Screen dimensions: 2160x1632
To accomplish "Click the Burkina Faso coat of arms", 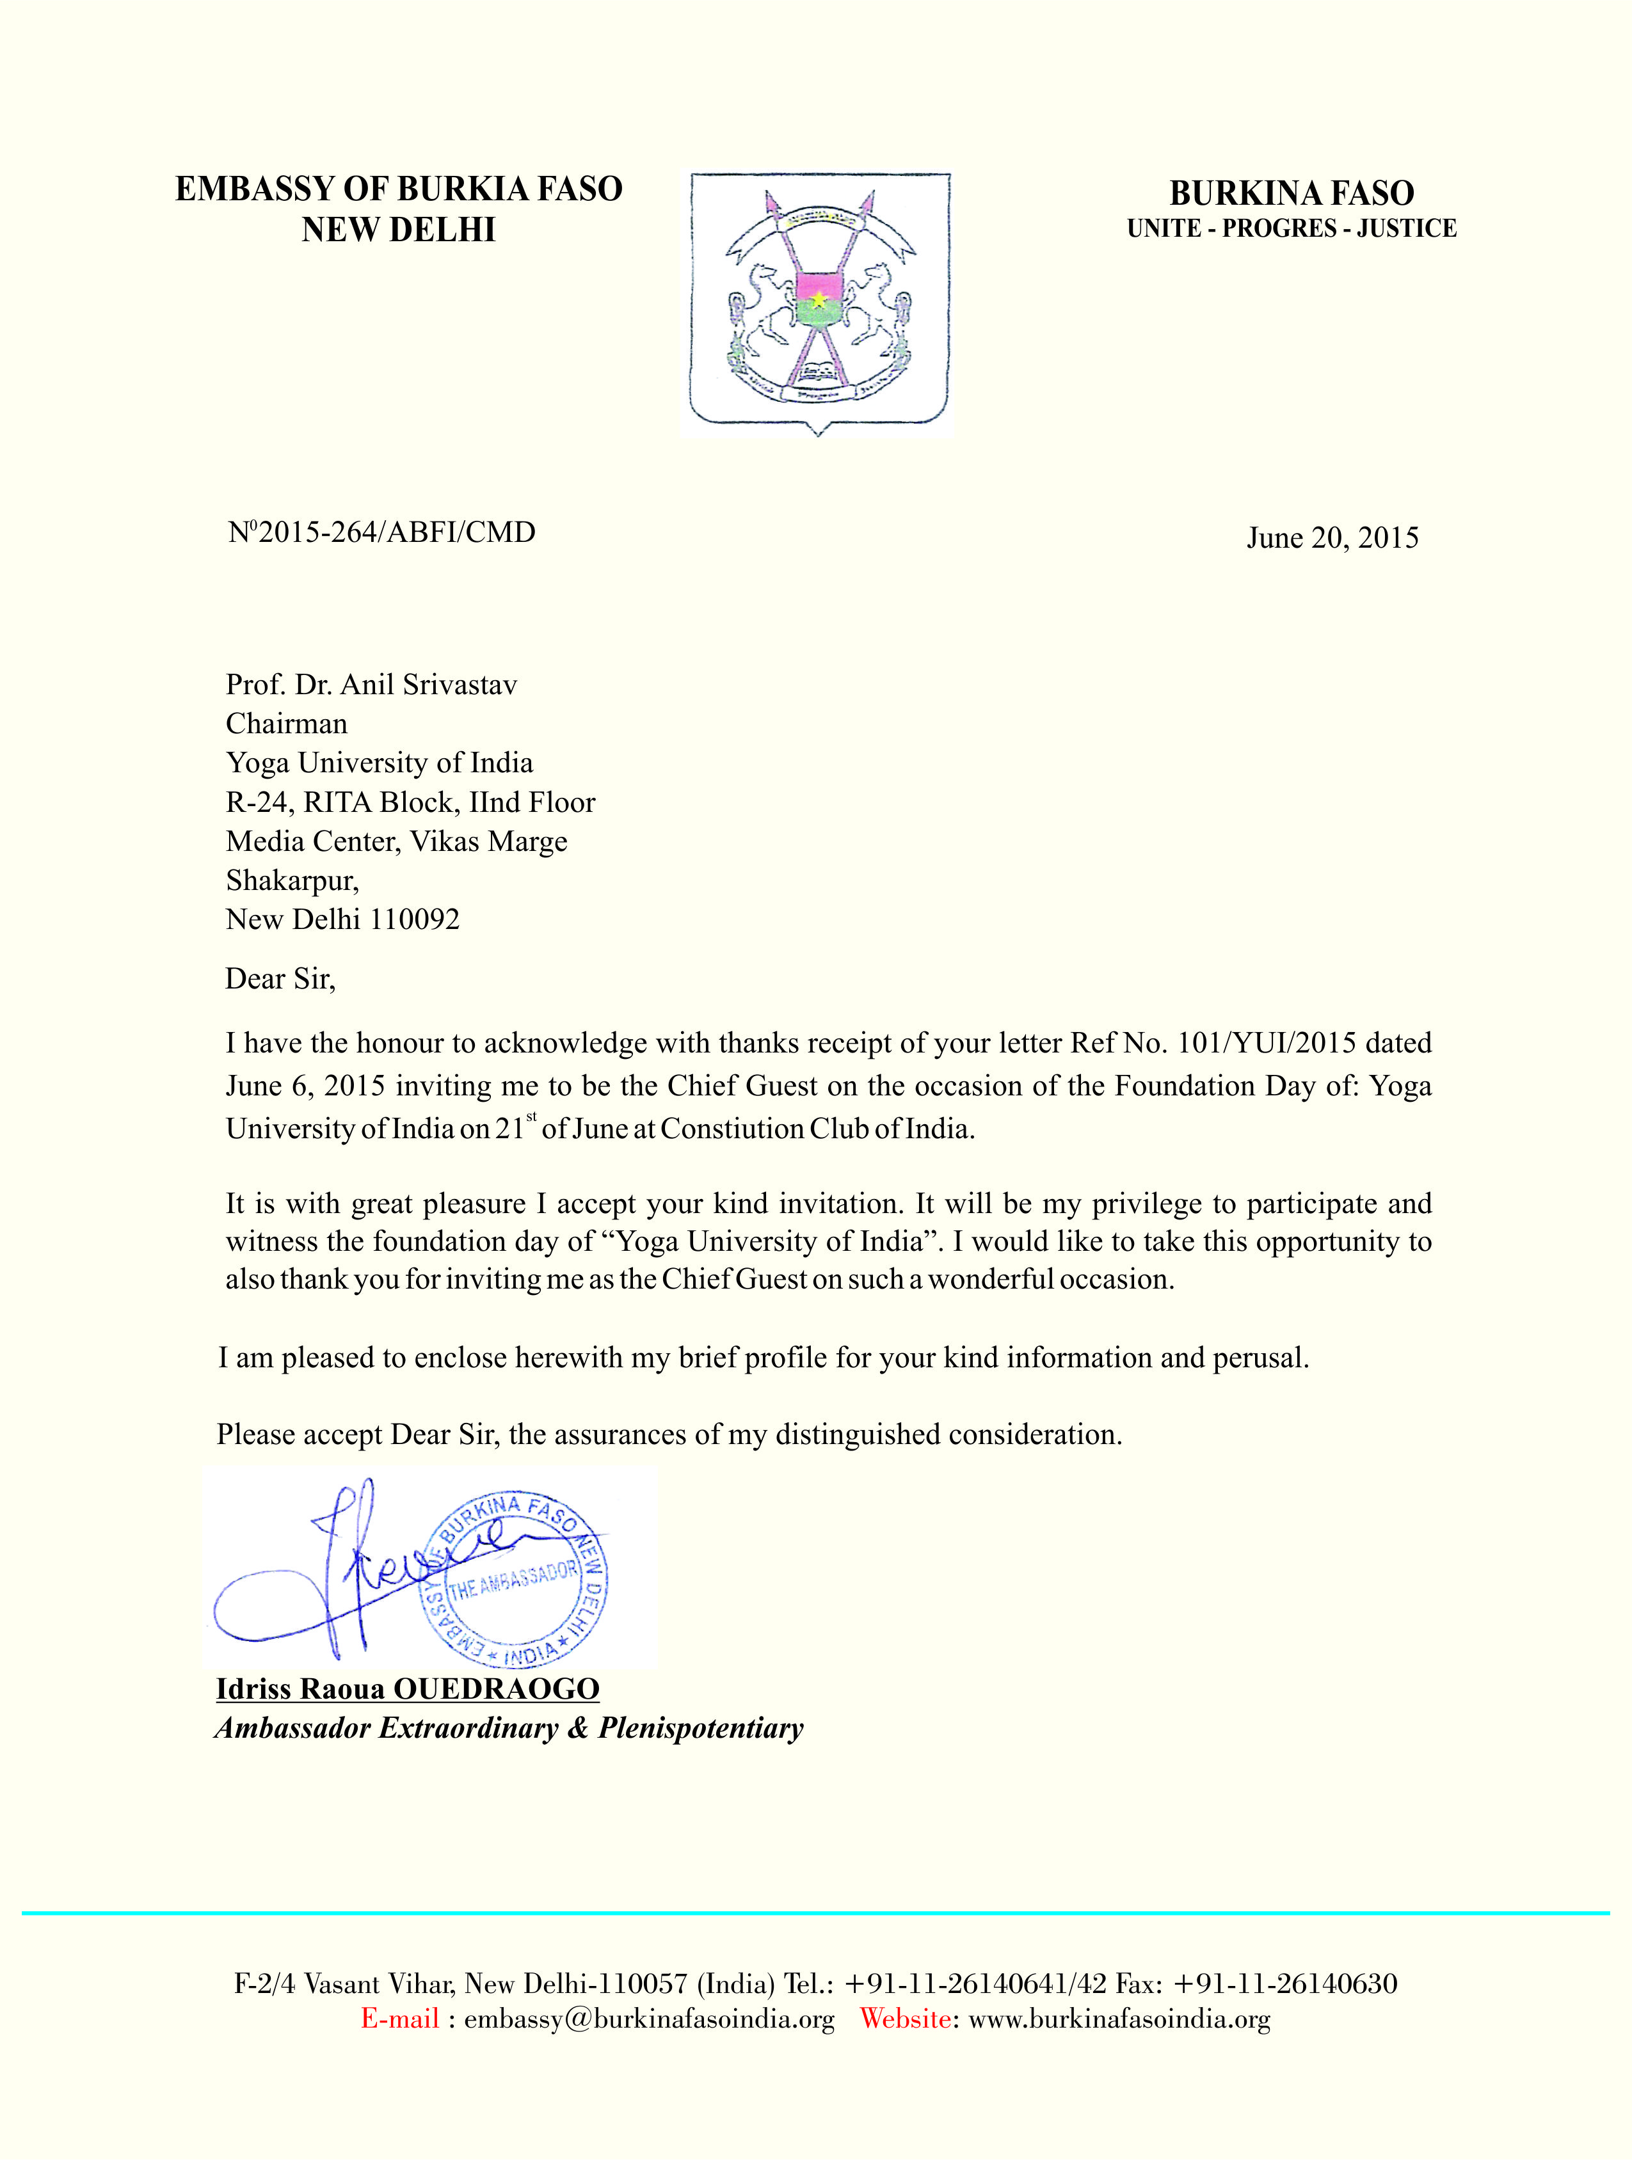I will click(819, 301).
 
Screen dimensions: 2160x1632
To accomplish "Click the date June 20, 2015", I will click(1332, 538).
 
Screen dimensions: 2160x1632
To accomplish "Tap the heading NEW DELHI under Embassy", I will click(399, 230).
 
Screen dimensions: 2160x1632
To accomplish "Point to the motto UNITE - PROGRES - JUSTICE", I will click(1291, 228).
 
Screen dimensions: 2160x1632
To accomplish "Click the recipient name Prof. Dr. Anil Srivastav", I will click(371, 685).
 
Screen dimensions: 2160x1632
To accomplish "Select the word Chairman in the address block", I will click(286, 724).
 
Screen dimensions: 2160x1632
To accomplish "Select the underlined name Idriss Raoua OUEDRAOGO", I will click(407, 1688).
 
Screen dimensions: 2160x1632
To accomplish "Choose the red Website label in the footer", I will click(904, 2019).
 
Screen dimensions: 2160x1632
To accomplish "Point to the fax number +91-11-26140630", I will click(1284, 1983).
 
